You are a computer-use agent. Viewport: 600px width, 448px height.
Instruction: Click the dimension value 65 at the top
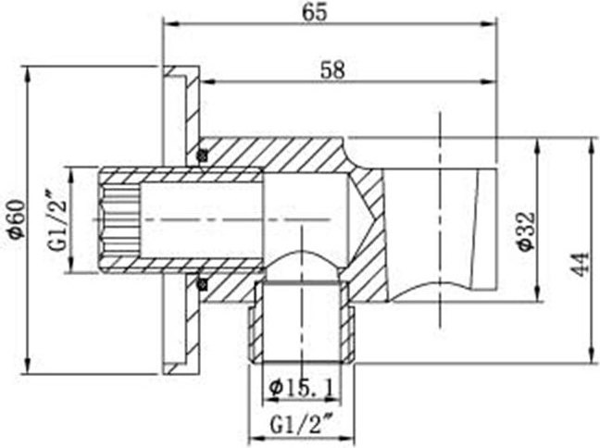tap(315, 13)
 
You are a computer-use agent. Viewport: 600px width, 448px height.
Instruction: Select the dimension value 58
tap(332, 70)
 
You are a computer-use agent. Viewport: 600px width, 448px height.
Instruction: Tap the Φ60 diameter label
tap(18, 219)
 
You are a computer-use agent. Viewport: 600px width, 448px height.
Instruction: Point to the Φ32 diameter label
tap(526, 231)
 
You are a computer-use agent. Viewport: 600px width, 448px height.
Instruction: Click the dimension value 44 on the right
tap(581, 264)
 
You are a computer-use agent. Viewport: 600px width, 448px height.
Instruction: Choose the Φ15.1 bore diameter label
tap(302, 389)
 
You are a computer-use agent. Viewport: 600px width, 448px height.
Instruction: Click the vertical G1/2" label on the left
tap(57, 226)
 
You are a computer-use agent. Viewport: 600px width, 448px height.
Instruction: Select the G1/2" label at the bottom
tap(301, 424)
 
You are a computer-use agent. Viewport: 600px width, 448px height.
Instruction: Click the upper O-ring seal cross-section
tap(202, 156)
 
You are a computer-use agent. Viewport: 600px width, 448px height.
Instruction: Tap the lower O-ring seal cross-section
tap(202, 284)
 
